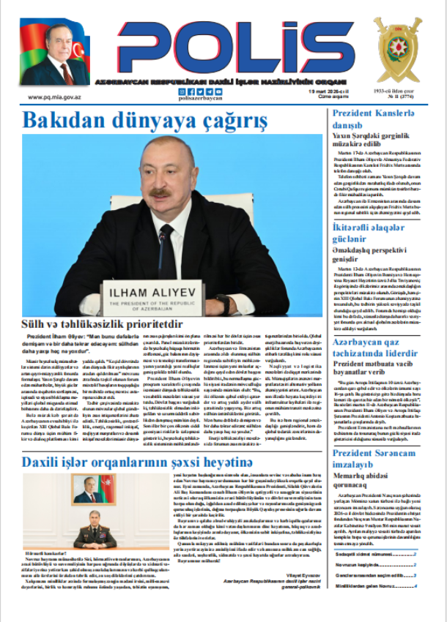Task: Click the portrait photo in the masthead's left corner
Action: pos(55,55)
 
